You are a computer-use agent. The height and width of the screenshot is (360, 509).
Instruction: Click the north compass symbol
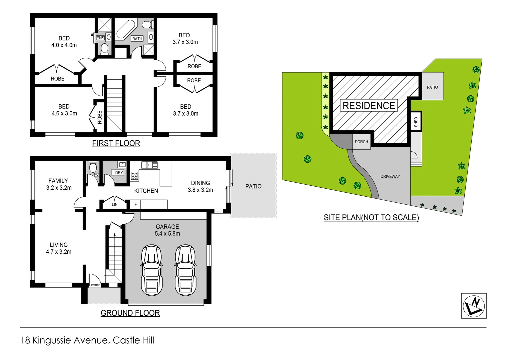click(x=474, y=306)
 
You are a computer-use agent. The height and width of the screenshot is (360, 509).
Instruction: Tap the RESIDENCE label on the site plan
click(x=368, y=106)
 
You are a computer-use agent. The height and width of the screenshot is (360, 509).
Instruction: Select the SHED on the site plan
click(x=416, y=122)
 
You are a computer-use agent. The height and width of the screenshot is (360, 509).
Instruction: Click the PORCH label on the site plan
click(x=361, y=142)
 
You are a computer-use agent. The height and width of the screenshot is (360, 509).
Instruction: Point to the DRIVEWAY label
click(x=390, y=176)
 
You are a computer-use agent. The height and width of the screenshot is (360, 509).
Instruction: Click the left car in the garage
click(x=152, y=270)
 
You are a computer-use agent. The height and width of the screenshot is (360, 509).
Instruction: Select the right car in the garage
click(x=186, y=270)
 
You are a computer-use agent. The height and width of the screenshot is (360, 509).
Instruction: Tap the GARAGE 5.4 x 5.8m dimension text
click(x=167, y=234)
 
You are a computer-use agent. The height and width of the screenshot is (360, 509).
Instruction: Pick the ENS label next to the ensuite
click(x=100, y=38)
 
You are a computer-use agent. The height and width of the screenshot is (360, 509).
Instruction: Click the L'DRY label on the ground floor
click(x=118, y=173)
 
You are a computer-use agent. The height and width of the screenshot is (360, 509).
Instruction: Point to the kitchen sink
click(x=149, y=165)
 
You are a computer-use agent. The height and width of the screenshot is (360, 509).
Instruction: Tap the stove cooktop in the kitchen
click(x=135, y=176)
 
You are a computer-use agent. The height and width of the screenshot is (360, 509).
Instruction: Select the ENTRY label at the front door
click(x=95, y=285)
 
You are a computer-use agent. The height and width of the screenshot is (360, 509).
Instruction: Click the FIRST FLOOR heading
click(x=116, y=143)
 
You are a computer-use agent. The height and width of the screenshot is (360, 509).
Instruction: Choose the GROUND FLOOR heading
click(x=130, y=313)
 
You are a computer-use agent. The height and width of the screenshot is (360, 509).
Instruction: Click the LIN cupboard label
click(x=115, y=204)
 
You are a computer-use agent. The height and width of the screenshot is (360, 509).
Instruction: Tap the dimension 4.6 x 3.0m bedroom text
click(x=64, y=114)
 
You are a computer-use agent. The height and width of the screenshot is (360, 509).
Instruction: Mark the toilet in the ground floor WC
click(x=93, y=167)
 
